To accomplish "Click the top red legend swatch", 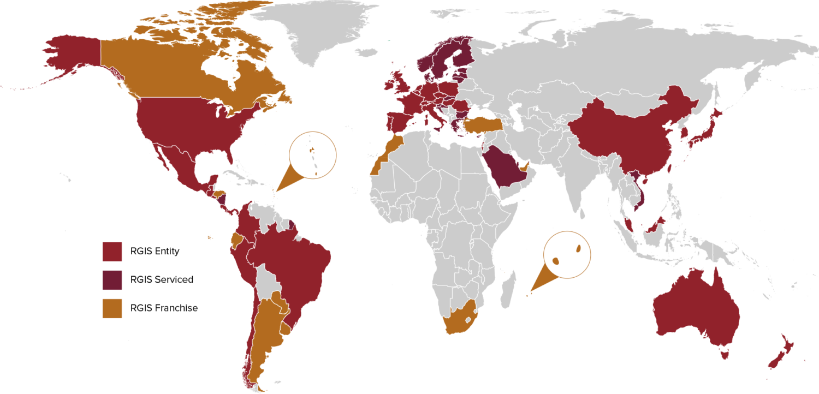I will click(x=112, y=252).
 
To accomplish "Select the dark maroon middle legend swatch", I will click(x=112, y=280).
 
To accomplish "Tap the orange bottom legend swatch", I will click(x=112, y=308).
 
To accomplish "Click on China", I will click(x=622, y=136).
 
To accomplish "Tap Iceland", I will click(x=366, y=52).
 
